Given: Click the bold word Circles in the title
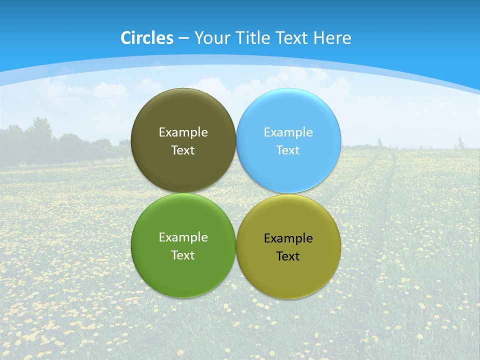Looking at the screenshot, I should [146, 38].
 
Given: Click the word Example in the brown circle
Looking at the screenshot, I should [183, 132].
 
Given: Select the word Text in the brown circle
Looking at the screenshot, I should [183, 150].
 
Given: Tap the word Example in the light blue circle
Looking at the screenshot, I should [288, 132].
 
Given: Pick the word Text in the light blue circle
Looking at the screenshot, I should [288, 150].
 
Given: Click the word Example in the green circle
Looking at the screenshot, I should [183, 237].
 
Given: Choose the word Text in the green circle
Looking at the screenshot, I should [183, 255].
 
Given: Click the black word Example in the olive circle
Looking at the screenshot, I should [288, 238].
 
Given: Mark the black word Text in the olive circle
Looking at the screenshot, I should [288, 256].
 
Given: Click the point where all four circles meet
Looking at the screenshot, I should [236, 193].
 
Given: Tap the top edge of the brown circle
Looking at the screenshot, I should [183, 89].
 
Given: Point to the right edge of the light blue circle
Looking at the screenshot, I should [340, 141].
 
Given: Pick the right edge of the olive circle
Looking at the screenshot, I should [340, 246].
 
